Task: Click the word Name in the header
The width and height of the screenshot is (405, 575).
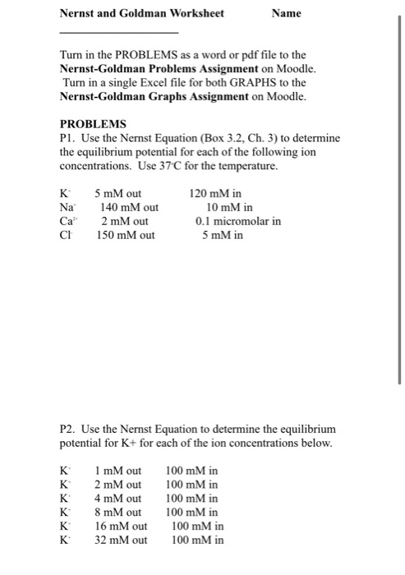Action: (288, 13)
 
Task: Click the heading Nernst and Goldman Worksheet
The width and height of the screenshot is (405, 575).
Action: (142, 13)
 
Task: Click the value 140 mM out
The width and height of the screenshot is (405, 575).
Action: (128, 208)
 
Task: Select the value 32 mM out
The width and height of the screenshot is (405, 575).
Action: (122, 540)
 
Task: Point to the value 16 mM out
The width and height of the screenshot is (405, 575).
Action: (122, 527)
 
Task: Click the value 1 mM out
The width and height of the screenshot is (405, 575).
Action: (119, 471)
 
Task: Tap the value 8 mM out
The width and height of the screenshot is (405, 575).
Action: (119, 513)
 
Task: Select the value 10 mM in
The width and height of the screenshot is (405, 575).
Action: (229, 208)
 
